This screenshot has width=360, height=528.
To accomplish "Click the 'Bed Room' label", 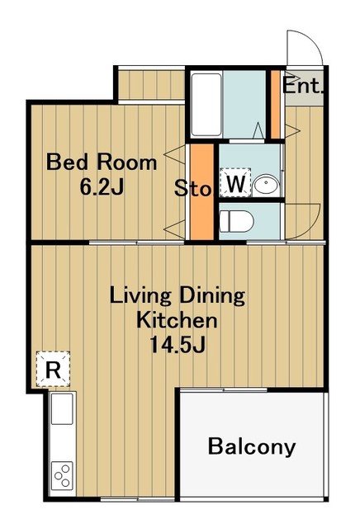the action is (102, 162).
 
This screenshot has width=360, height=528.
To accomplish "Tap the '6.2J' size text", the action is (102, 186).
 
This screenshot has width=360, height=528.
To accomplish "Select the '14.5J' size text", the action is (178, 344).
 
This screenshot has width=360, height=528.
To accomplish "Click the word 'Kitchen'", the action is (177, 320).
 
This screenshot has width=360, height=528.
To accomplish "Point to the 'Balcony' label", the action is (252, 446).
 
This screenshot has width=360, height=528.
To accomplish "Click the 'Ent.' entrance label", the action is (302, 86).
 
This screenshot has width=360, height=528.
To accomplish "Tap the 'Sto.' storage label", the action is (193, 189).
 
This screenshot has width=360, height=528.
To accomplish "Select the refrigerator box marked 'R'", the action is (53, 369).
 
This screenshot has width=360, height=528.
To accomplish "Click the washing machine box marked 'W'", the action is (235, 183).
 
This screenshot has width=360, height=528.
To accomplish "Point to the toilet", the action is (236, 221).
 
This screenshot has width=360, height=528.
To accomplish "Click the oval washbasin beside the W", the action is (267, 185).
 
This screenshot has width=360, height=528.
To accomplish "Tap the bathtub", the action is (206, 104).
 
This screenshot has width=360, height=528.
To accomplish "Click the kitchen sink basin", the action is (62, 408).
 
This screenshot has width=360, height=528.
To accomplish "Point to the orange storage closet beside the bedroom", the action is (202, 192).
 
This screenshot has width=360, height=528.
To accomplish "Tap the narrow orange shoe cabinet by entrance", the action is (276, 105).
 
